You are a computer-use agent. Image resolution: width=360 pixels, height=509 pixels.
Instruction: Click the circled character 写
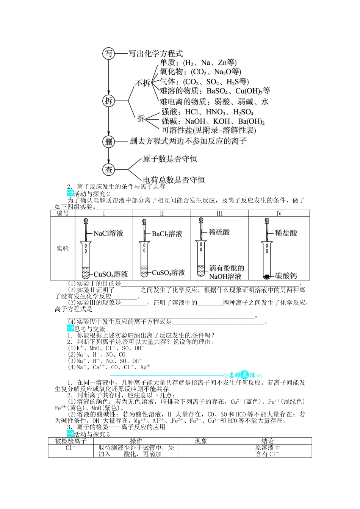pyautogui.click(x=109, y=53)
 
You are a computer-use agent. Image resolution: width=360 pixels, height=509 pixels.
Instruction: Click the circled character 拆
pyautogui.click(x=109, y=101)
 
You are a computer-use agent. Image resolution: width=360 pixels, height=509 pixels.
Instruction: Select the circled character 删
pyautogui.click(x=109, y=142)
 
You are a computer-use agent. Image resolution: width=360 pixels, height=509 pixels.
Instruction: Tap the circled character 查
pyautogui.click(x=109, y=169)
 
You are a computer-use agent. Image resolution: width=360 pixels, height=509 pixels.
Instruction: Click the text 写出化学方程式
pyautogui.click(x=155, y=54)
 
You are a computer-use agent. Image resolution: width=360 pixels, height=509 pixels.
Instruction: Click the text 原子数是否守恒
pyautogui.click(x=170, y=159)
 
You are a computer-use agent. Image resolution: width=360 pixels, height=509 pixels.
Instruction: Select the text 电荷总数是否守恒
pyautogui.click(x=174, y=180)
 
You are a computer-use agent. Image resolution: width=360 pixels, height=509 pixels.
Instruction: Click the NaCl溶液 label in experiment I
pyautogui.click(x=108, y=234)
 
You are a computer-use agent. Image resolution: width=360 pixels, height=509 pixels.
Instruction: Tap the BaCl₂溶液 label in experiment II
pyautogui.click(x=167, y=234)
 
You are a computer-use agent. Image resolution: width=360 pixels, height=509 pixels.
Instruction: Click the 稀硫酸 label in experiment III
pyautogui.click(x=219, y=232)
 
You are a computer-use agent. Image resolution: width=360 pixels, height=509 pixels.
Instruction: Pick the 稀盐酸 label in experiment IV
pyautogui.click(x=286, y=233)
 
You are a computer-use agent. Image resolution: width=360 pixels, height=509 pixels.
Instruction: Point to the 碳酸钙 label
pyautogui.click(x=286, y=276)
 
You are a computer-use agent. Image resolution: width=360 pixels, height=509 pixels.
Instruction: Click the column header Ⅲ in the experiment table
pyautogui.click(x=219, y=214)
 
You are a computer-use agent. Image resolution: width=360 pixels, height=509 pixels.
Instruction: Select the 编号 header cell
pyautogui.click(x=63, y=214)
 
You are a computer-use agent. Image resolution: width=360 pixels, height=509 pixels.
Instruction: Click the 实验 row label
pyautogui.click(x=63, y=248)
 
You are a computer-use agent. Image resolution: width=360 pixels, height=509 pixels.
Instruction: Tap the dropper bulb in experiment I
pyautogui.click(x=86, y=220)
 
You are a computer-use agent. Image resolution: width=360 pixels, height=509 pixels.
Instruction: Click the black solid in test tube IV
pyautogui.click(x=267, y=277)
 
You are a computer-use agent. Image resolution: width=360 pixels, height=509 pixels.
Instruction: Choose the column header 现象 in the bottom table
pyautogui.click(x=201, y=441)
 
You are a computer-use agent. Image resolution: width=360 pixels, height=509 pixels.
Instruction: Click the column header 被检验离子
pyautogui.click(x=71, y=441)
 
